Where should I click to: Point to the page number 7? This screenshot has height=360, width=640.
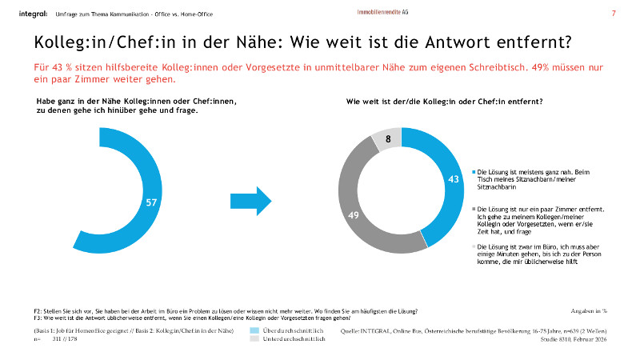pos(614,14)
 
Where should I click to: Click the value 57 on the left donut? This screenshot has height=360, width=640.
pos(150,202)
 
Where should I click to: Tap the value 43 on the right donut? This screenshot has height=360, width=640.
pos(453,179)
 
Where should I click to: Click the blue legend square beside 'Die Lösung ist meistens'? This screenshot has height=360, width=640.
pos(472,171)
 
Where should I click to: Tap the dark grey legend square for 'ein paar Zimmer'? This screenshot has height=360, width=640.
pos(472,207)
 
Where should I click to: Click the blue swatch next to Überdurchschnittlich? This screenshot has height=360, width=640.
pos(255,330)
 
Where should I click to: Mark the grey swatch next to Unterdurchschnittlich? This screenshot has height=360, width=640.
pos(255,339)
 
